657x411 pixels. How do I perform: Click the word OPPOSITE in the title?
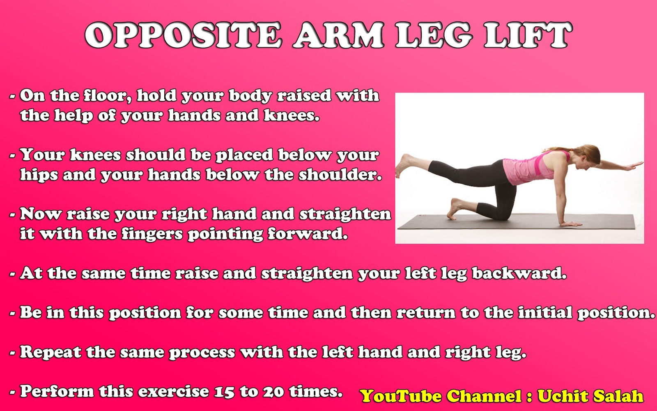pyautogui.click(x=184, y=35)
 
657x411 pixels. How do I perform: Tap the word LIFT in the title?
pyautogui.click(x=528, y=35)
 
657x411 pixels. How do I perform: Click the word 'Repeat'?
pyautogui.click(x=51, y=352)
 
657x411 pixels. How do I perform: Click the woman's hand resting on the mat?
pyautogui.click(x=571, y=224)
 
